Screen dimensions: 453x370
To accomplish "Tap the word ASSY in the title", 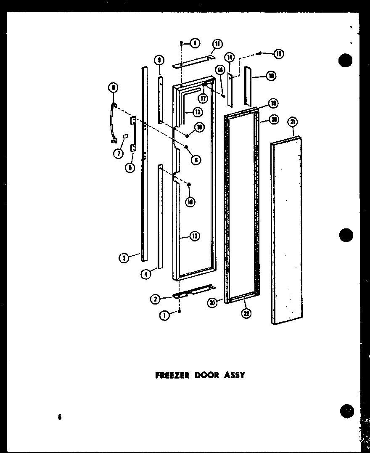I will [x=235, y=375].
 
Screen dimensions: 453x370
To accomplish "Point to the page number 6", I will [x=60, y=417].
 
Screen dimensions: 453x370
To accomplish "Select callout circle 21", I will [x=293, y=122].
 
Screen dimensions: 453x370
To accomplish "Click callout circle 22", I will [x=246, y=313].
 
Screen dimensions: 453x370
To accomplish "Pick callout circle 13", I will [x=194, y=236].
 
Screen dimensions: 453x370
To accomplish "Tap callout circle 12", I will [x=197, y=112].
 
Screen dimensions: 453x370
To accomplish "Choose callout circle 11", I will [x=217, y=44].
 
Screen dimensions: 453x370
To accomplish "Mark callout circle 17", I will [x=203, y=98].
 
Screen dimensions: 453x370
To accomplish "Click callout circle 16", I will [x=271, y=76].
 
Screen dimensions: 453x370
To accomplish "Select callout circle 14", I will [x=230, y=58].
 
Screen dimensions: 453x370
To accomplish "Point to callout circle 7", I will [x=118, y=154].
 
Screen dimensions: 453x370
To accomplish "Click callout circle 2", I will [x=155, y=299].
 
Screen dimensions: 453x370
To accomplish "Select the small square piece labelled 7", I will [x=125, y=136].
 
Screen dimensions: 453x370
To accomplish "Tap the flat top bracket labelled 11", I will [x=193, y=61].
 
